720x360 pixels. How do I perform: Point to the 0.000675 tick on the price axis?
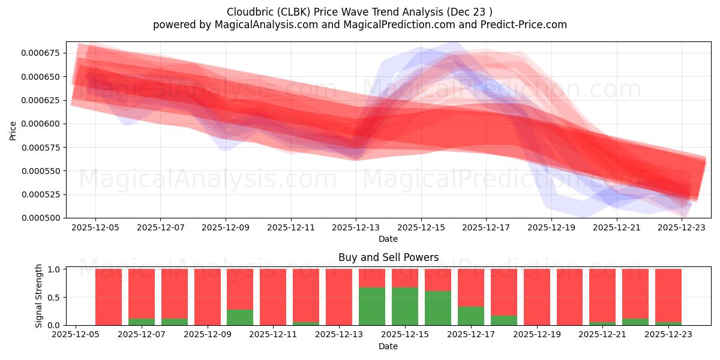pyautogui.click(x=43, y=53)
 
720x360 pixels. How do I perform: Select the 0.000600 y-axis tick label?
pyautogui.click(x=43, y=124)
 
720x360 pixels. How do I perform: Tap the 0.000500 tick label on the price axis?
pyautogui.click(x=43, y=218)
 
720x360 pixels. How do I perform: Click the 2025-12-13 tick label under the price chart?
pyautogui.click(x=356, y=228)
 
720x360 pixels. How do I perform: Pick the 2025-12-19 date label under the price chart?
pyautogui.click(x=551, y=228)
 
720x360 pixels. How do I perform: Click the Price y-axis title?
pyautogui.click(x=13, y=130)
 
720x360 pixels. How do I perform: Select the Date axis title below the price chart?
pyautogui.click(x=388, y=239)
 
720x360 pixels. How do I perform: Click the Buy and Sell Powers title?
pyautogui.click(x=388, y=257)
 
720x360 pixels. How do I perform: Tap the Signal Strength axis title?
pyautogui.click(x=39, y=296)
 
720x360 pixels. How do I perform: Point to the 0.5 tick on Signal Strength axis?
pyautogui.click(x=53, y=297)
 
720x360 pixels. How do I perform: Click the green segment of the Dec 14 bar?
pyautogui.click(x=372, y=306)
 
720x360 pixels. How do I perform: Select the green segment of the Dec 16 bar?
pyautogui.click(x=437, y=308)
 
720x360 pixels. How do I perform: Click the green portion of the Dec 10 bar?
pyautogui.click(x=240, y=317)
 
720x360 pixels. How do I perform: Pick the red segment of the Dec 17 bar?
pyautogui.click(x=470, y=287)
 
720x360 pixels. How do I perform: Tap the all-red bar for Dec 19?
pyautogui.click(x=536, y=297)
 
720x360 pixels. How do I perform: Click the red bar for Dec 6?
pyautogui.click(x=109, y=297)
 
